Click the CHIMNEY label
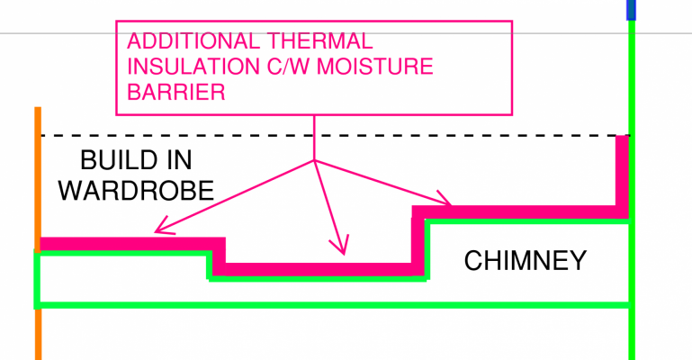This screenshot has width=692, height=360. [x=525, y=261]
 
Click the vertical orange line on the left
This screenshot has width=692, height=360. [x=38, y=180]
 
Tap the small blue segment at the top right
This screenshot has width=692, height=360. [x=631, y=9]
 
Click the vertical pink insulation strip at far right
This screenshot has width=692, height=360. [x=622, y=171]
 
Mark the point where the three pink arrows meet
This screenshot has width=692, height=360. [x=314, y=160]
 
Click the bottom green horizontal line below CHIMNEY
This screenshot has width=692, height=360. [x=333, y=305]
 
